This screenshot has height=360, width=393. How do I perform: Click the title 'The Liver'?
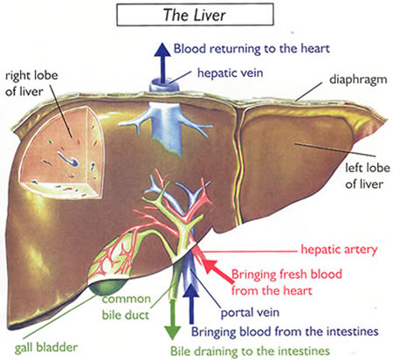click(x=195, y=15)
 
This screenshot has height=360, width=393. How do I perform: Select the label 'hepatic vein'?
click(x=230, y=73)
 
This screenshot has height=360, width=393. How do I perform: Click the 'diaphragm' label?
click(x=358, y=80)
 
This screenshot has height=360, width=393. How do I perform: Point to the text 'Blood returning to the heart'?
click(x=252, y=49)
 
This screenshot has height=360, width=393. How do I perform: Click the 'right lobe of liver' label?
click(x=31, y=83)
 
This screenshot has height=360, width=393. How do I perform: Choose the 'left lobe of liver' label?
click(x=368, y=176)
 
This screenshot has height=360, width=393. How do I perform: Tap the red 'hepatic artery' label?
click(x=339, y=250)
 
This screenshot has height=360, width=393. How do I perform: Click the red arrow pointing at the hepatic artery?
click(x=217, y=270)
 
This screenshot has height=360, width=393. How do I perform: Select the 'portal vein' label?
click(x=250, y=313)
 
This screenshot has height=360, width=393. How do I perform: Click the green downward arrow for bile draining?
click(x=172, y=318)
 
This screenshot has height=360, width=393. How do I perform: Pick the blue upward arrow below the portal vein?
click(x=191, y=304)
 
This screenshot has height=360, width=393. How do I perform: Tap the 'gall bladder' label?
click(x=46, y=348)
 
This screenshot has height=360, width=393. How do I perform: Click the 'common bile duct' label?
click(x=126, y=307)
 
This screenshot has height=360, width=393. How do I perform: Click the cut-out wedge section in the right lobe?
click(x=62, y=153)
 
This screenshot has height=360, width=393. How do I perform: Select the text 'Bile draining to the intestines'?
click(x=250, y=351)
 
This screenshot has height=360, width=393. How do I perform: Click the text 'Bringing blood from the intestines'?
click(x=285, y=332)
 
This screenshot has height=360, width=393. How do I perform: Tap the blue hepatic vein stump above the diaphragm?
click(x=163, y=86)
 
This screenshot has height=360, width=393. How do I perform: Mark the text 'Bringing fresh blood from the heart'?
click(x=286, y=282)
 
